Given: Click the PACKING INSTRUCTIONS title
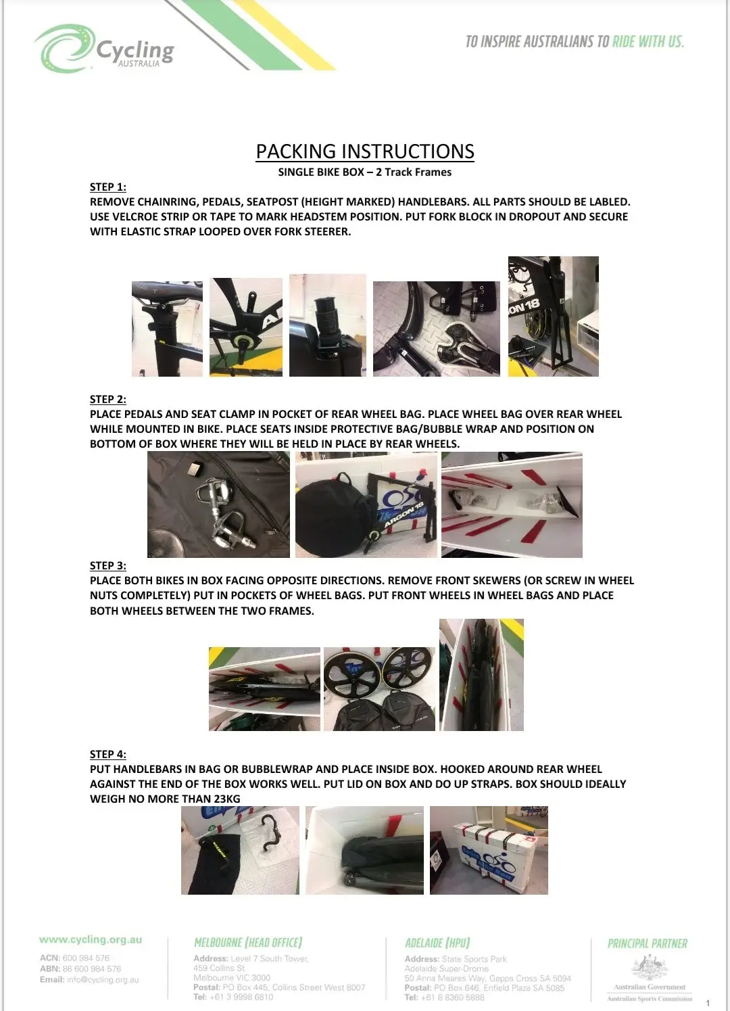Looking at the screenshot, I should tap(364, 151).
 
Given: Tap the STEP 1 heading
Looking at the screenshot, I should tap(108, 187).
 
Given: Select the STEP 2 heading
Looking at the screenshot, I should tap(108, 399).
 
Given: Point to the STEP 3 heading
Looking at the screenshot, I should tap(108, 565).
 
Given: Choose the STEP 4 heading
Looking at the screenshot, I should tap(108, 754).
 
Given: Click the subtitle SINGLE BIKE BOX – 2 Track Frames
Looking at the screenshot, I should tap(364, 172).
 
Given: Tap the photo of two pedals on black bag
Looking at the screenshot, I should tap(218, 504).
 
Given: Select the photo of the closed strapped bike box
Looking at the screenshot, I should tap(489, 850).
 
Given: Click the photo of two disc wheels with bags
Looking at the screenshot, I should tap(379, 688).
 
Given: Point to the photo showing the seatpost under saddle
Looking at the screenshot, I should tap(167, 329).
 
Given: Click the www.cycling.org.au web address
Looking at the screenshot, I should tap(91, 939).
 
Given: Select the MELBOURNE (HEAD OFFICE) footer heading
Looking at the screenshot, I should tap(248, 942).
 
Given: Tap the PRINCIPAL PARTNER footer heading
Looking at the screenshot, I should tap(647, 943).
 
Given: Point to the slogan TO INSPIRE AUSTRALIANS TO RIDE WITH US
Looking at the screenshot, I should tap(575, 41).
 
